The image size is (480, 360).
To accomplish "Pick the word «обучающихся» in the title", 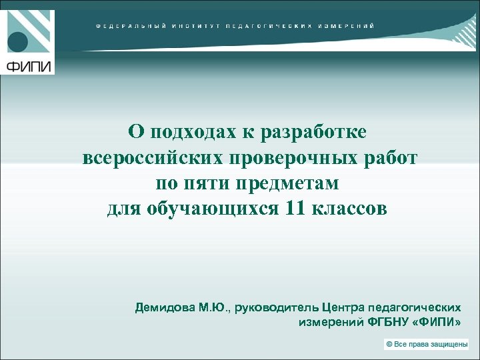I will tap(211, 209).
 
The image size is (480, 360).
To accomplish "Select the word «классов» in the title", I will tap(350, 209).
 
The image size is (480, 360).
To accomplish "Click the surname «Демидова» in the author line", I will tap(165, 308).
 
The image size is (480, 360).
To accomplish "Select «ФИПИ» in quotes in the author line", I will tap(440, 322).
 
